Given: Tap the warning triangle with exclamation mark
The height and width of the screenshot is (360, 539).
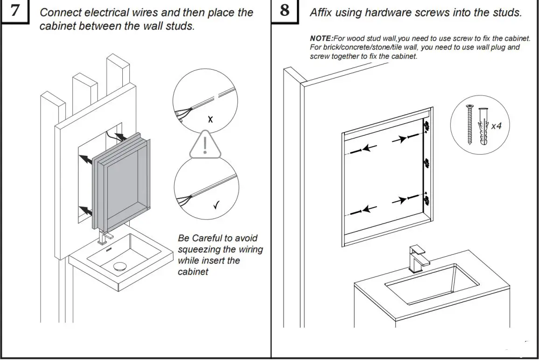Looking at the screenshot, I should [205, 143].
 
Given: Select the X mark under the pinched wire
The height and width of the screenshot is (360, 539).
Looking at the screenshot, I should [210, 120].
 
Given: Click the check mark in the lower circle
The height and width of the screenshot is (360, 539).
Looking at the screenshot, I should [217, 205].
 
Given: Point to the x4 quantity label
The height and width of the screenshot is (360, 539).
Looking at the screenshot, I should [496, 126].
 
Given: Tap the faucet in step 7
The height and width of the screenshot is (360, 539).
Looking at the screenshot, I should [104, 237].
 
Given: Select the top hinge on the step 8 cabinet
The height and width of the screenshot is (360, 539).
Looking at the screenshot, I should [426, 126].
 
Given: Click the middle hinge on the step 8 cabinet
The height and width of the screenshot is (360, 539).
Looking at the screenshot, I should [426, 163].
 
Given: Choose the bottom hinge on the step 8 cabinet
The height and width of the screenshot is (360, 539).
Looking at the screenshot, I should [426, 199].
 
